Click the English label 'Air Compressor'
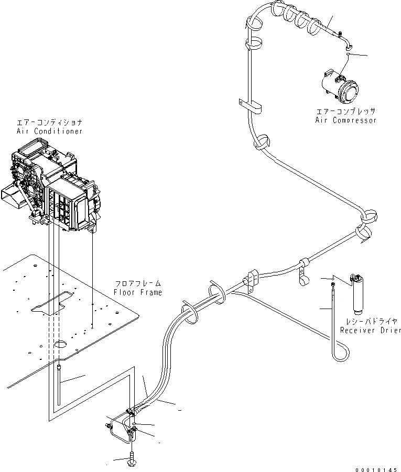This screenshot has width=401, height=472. tap(345, 120)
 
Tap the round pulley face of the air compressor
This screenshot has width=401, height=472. tap(349, 93)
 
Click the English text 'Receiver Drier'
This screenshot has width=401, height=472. tap(370, 330)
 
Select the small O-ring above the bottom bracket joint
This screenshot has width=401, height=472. tap(135, 423)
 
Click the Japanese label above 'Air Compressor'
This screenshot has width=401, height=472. tap(345, 112)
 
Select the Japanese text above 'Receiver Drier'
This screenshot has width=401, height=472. tap(370, 321)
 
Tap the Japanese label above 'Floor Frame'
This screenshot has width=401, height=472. tap(138, 283)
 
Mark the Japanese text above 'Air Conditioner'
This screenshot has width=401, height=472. tap(49, 122)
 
